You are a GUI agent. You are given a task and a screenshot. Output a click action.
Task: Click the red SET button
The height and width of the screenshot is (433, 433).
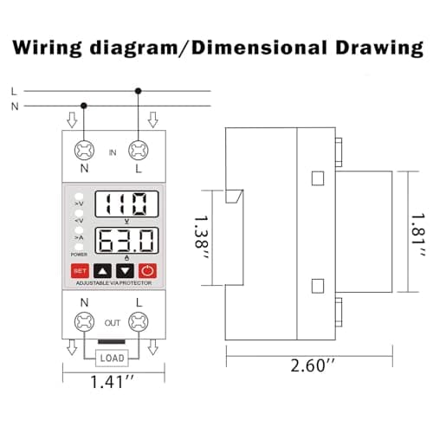tap(80, 271)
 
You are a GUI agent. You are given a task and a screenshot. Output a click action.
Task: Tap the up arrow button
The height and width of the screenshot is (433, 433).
tap(102, 271)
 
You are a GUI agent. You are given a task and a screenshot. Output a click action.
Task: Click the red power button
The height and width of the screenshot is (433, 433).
tap(147, 271)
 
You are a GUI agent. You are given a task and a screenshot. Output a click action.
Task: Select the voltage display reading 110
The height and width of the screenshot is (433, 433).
tap(126, 204)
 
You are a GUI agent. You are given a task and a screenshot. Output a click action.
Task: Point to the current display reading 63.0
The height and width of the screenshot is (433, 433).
tap(126, 241)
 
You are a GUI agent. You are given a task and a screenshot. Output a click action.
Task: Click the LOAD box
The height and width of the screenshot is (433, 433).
tap(112, 359)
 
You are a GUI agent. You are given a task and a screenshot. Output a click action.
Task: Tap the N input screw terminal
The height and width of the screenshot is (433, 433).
tap(84, 151)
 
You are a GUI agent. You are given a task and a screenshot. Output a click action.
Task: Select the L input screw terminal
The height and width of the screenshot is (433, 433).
tap(139, 151)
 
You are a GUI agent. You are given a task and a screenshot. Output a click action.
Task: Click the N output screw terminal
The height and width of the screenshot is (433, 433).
tap(84, 322)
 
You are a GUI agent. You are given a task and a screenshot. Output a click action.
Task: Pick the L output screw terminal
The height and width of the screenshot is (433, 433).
tap(139, 322)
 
